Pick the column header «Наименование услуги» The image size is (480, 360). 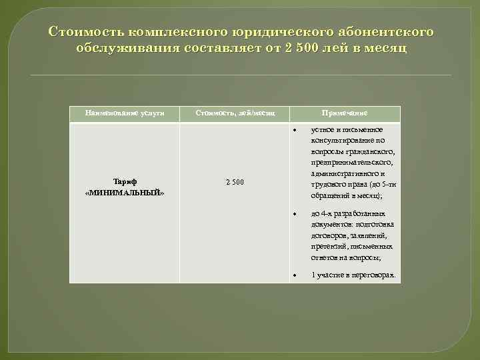click(x=125, y=113)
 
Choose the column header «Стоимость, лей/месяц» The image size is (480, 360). click(x=235, y=113)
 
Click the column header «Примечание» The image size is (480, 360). click(x=345, y=113)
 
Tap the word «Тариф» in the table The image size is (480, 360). click(x=125, y=181)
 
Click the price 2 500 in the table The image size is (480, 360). click(x=235, y=182)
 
